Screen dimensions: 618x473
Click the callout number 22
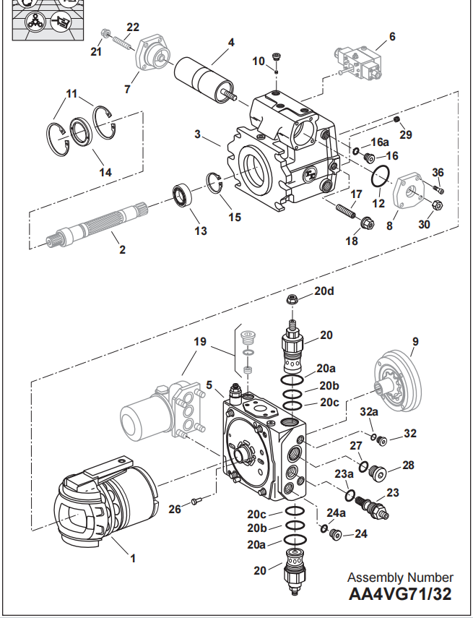132,27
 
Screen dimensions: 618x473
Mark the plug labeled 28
377,473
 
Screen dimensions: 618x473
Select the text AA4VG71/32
401,595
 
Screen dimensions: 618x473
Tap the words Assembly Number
401,577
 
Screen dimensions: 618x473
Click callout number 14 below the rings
106,172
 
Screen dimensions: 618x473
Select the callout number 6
392,35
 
